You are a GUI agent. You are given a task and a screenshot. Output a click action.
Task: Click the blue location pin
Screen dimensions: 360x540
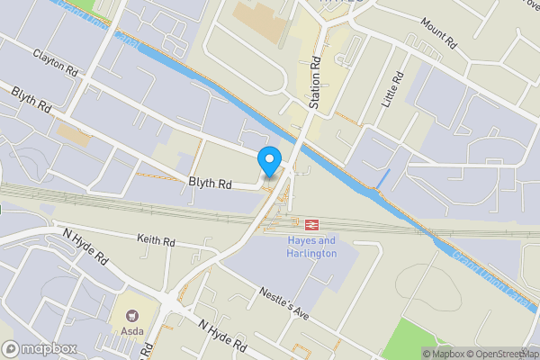pos(268,160)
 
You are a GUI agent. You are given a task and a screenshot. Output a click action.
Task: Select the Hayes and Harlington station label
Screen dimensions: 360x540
pos(312,247)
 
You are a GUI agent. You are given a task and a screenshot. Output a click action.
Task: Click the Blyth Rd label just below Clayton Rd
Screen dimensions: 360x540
pos(31,99)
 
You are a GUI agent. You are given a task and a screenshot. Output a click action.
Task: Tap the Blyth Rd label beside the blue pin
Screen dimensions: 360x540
pos(211,183)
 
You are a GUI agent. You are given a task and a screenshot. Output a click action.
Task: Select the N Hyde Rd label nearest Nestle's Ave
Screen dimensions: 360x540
pos(223,336)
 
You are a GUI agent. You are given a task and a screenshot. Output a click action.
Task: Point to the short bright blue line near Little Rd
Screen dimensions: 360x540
pos(383,178)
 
